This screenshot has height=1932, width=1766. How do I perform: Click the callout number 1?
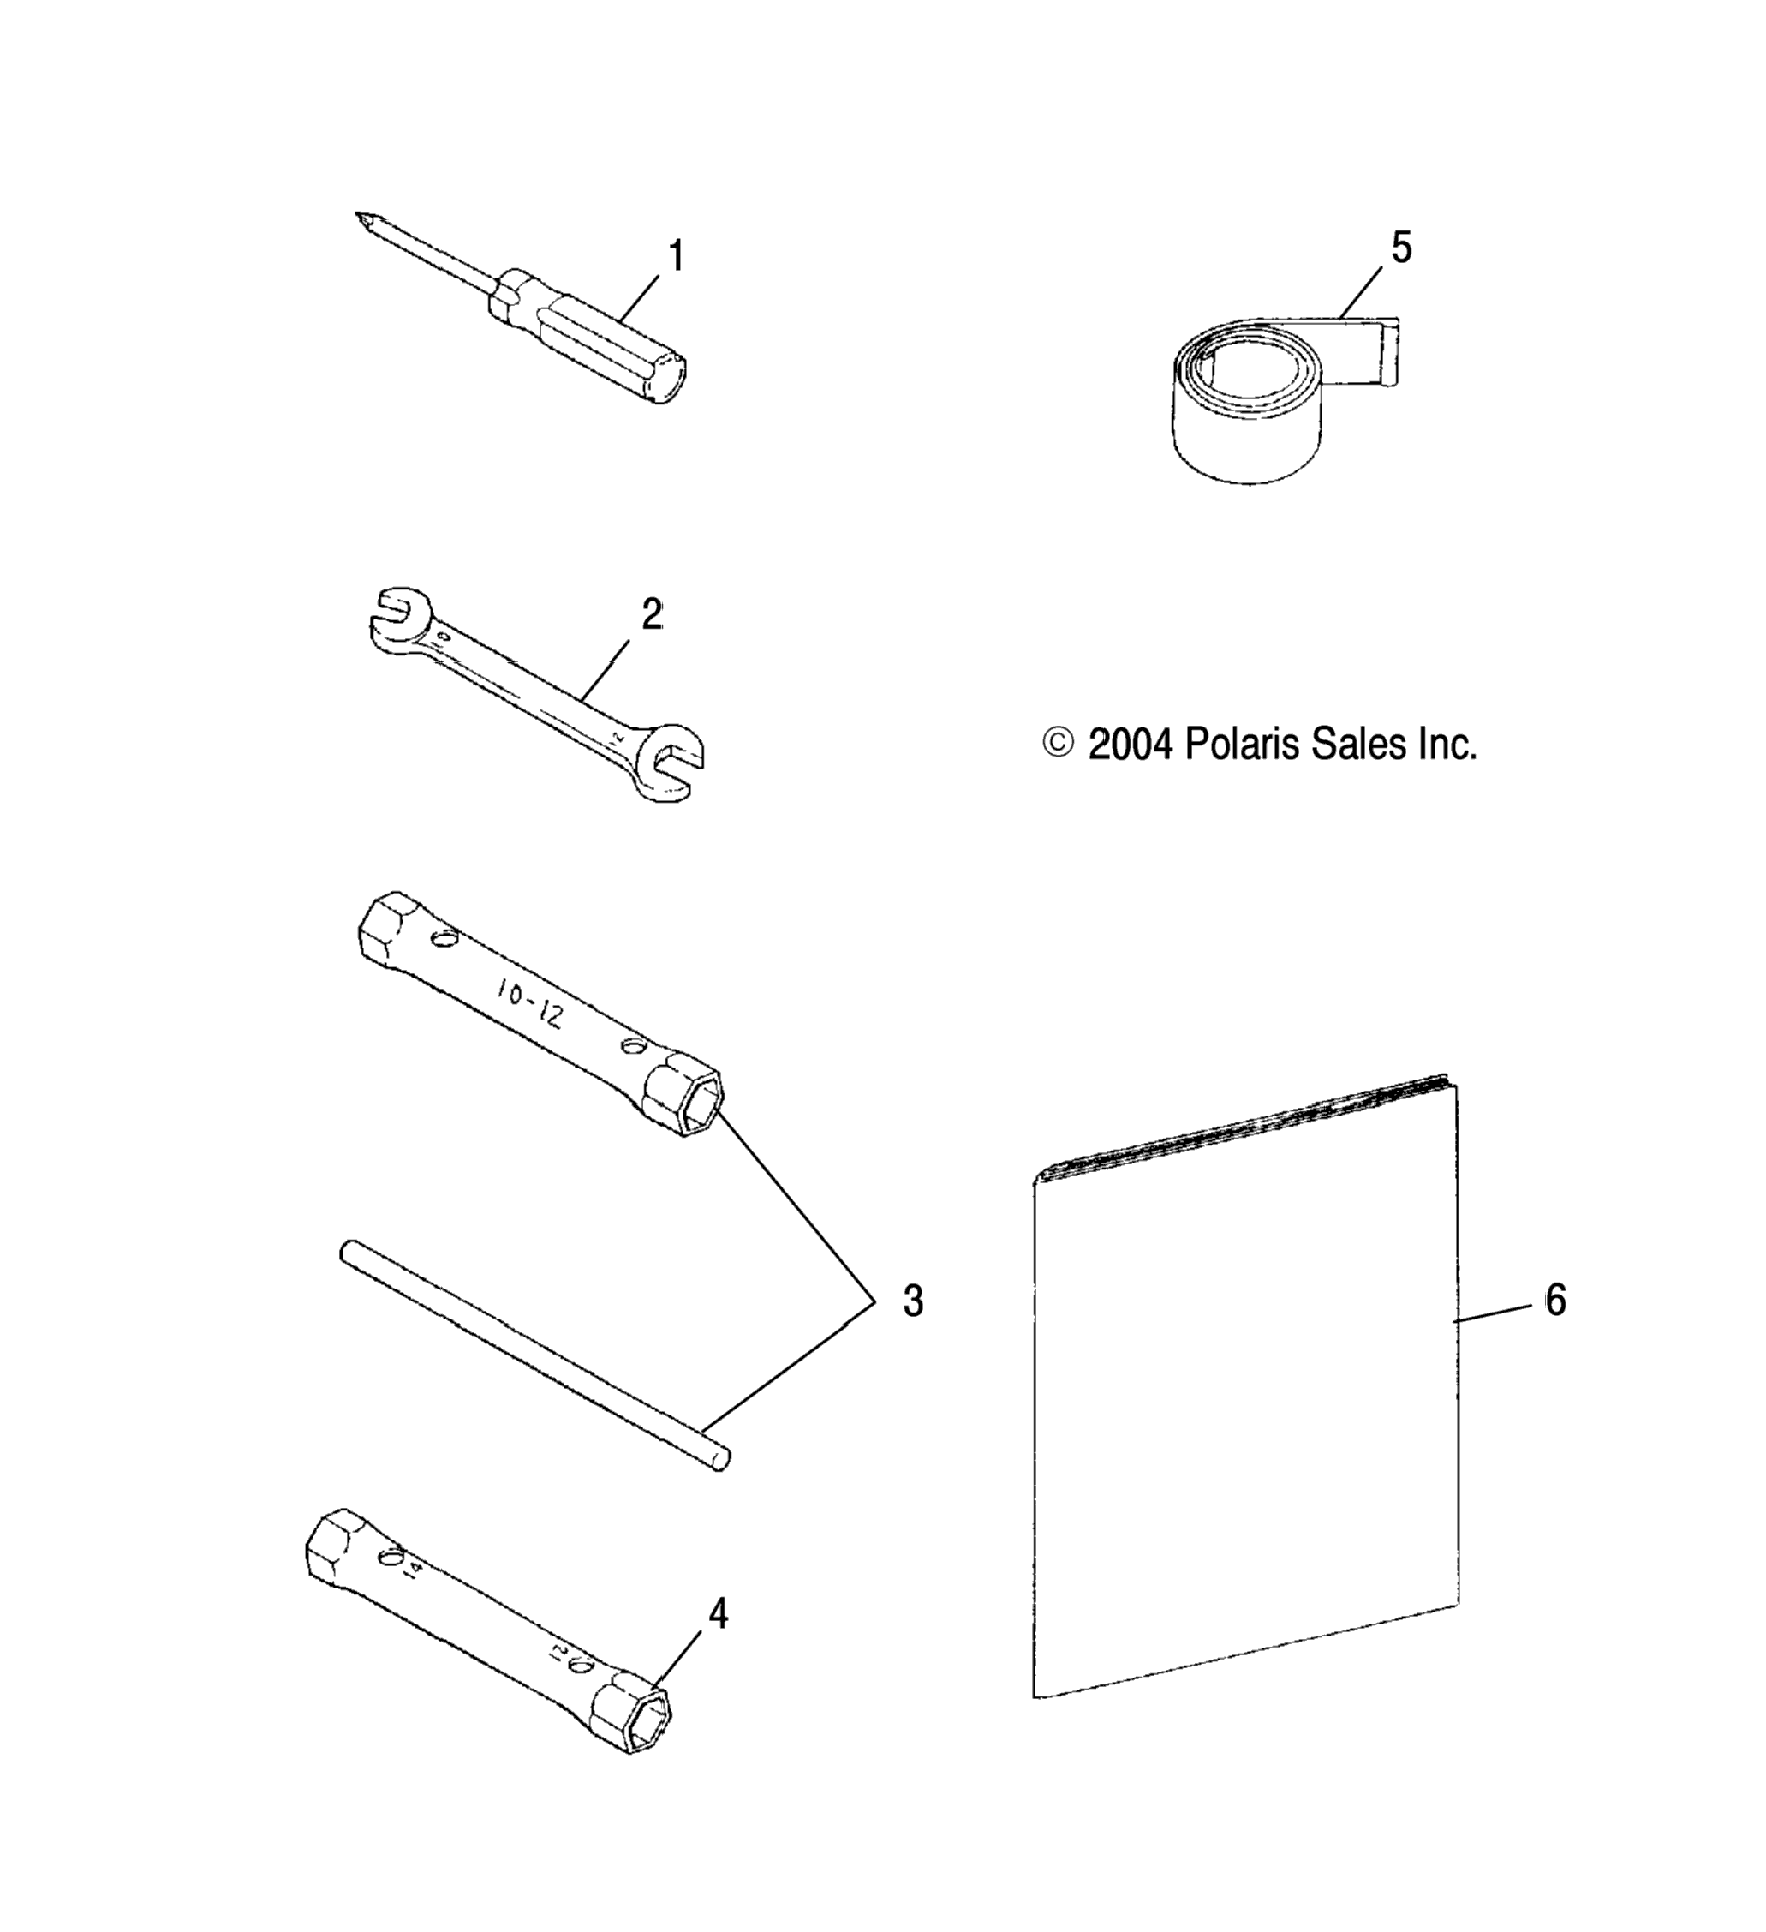click(677, 257)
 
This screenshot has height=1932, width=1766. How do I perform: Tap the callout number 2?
click(652, 615)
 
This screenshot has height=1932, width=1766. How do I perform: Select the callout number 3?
click(913, 1301)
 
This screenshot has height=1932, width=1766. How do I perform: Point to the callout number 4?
click(718, 1614)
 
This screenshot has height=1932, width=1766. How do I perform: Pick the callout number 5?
click(1402, 248)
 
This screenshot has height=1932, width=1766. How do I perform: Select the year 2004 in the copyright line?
click(1131, 744)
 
